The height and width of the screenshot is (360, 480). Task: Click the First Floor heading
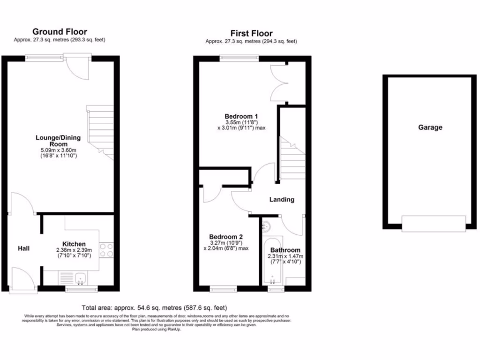tap(251, 33)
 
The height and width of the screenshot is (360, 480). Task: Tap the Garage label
tap(430, 127)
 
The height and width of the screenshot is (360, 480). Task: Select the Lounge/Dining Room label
tap(58, 141)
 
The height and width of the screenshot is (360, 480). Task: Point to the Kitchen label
tap(74, 244)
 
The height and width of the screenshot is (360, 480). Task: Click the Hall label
tap(24, 248)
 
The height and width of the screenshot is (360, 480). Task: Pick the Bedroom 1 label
tap(241, 116)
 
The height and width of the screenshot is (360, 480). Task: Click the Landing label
tap(282, 199)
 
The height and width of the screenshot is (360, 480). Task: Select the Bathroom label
tap(285, 250)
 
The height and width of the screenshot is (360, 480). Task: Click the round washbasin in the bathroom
tap(266, 226)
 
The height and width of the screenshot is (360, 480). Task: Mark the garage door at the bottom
tap(434, 223)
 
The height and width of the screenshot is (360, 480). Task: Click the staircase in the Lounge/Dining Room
tap(101, 131)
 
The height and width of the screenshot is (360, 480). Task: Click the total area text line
tap(154, 308)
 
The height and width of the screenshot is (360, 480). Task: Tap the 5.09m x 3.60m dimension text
tap(58, 150)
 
